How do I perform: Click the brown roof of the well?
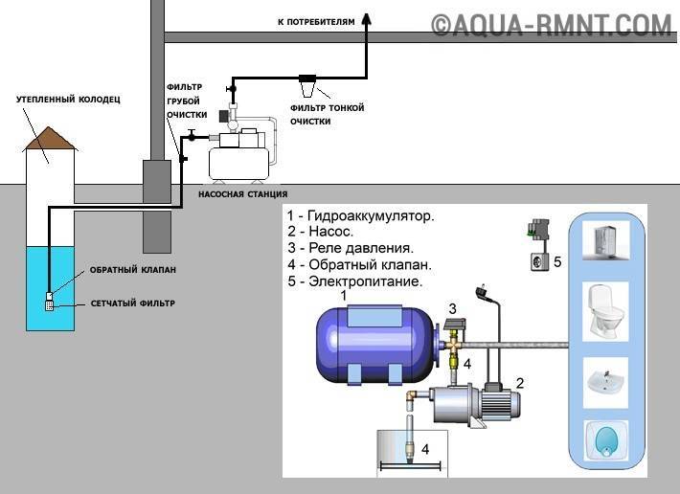51,140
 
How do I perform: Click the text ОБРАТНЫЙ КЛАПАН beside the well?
133,270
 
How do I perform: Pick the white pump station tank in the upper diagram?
239,158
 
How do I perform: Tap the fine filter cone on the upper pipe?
309,89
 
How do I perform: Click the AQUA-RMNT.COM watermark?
551,23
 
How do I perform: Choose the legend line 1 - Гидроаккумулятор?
360,216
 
